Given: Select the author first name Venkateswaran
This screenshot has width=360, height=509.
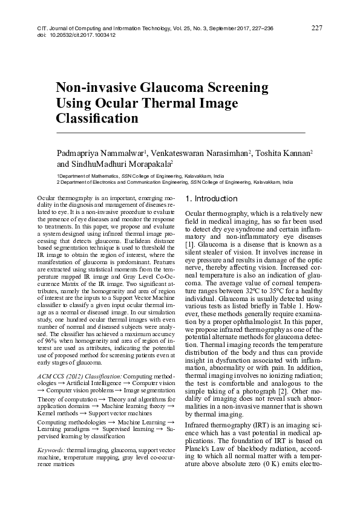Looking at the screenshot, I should [x=180, y=154].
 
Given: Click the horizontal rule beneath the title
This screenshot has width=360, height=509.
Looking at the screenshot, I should [x=180, y=132].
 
